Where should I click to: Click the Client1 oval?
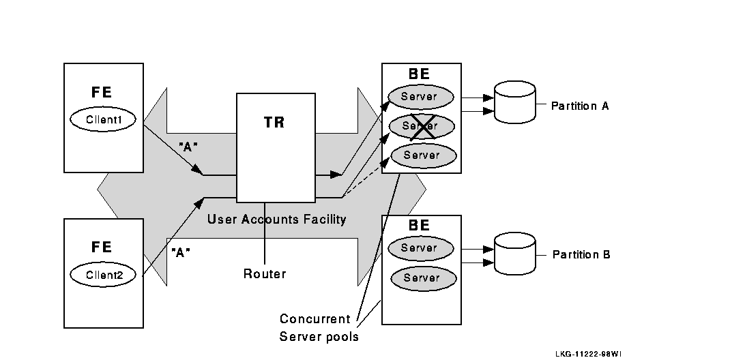(103, 119)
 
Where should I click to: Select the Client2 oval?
(103, 275)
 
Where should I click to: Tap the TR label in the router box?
(274, 123)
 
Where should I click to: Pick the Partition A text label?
(580, 106)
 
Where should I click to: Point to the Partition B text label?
(581, 255)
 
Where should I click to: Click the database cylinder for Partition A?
(515, 102)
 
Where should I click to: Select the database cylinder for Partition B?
(515, 253)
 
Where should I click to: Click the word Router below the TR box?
(265, 274)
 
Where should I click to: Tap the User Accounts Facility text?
(276, 220)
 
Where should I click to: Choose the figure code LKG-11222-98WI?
(588, 354)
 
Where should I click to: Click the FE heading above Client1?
(102, 93)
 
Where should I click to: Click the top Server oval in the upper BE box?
(420, 97)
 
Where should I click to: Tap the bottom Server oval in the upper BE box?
(422, 155)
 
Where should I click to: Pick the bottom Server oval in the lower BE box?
(420, 278)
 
